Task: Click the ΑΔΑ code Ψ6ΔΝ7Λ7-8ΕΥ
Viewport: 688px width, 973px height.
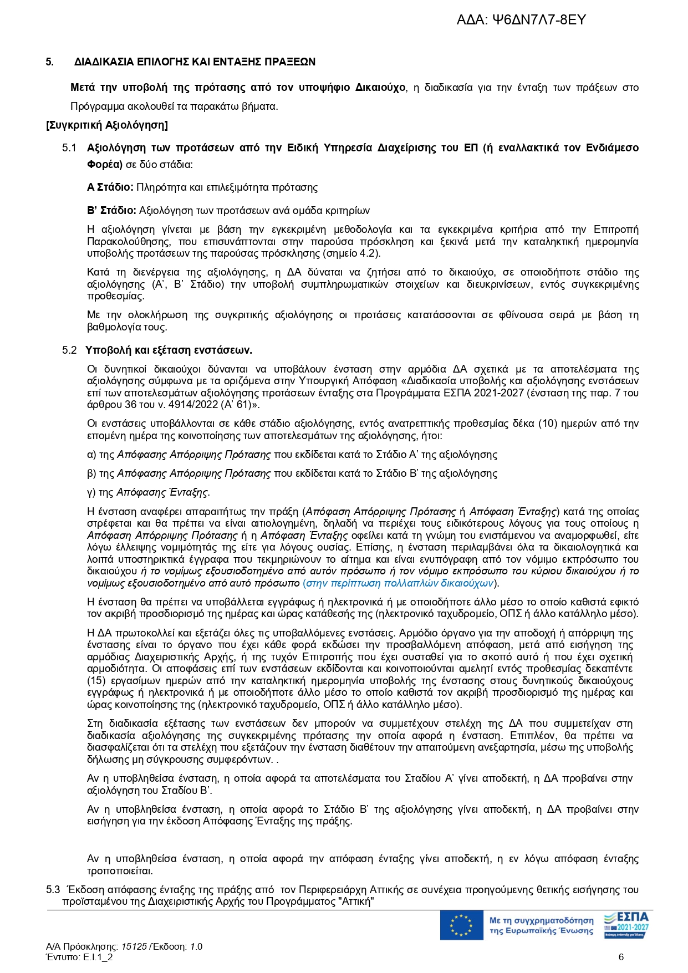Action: (521, 21)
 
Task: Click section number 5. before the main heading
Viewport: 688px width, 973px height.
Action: (50, 62)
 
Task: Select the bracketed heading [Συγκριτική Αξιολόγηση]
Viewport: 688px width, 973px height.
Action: (107, 125)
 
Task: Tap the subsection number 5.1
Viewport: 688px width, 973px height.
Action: (69, 148)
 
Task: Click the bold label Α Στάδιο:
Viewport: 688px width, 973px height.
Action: (110, 187)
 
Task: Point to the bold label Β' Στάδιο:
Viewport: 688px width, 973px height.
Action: (111, 211)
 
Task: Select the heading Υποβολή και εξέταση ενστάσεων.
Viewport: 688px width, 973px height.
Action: (169, 350)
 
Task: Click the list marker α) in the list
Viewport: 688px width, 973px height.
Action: (92, 455)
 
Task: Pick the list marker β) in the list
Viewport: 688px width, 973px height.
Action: (92, 474)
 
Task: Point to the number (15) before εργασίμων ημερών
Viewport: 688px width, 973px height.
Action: (96, 681)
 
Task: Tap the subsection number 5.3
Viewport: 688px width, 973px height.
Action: (53, 890)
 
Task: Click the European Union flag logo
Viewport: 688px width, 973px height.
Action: (461, 925)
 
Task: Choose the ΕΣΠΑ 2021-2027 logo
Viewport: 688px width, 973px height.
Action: (625, 925)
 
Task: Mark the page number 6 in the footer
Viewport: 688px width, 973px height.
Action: (621, 957)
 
